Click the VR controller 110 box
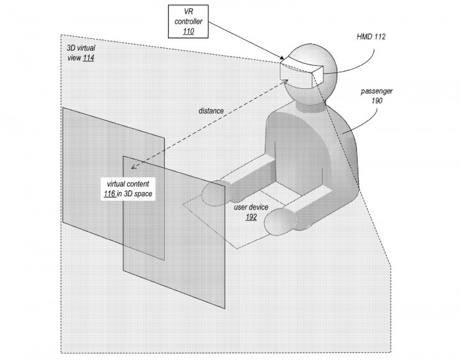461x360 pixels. (x=188, y=22)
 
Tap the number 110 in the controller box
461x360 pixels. (x=188, y=32)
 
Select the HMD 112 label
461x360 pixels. (x=371, y=37)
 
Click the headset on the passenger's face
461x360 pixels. (x=302, y=72)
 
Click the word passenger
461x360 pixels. (x=377, y=91)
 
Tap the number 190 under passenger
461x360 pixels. (x=377, y=101)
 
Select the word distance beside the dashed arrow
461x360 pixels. (x=211, y=111)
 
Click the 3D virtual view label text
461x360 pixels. (x=81, y=53)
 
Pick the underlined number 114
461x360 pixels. (x=88, y=58)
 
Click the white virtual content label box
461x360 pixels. (x=128, y=189)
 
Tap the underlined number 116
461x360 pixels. (x=109, y=193)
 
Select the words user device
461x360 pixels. (x=251, y=207)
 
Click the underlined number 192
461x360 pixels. (x=251, y=217)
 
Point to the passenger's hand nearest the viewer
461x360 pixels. (x=280, y=222)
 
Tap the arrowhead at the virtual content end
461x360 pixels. (x=134, y=167)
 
